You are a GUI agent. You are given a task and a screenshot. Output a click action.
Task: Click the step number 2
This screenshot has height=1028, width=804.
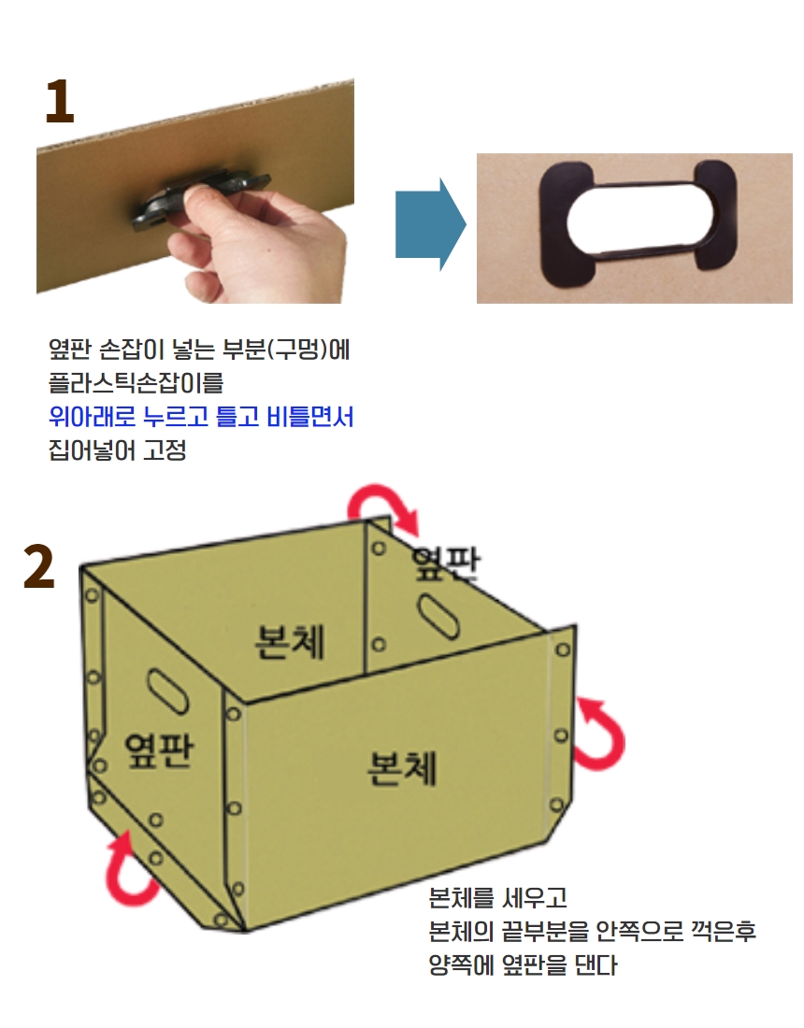pos(38,566)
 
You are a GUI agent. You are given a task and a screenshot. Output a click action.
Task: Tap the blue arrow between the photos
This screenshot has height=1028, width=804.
pos(430,224)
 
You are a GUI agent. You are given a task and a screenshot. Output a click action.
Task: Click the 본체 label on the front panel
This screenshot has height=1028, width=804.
pos(401,767)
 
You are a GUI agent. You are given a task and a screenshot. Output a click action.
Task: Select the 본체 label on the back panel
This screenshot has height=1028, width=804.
pos(289,640)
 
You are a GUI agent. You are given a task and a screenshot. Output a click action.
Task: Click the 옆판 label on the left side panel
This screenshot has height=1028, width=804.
pos(159,750)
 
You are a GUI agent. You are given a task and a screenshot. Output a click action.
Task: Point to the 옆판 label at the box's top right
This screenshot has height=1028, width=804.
pos(446,563)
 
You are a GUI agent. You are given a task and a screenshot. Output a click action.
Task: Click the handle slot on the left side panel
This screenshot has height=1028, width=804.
pos(167,692)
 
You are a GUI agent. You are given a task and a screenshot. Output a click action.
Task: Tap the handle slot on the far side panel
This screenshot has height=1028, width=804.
pos(438,616)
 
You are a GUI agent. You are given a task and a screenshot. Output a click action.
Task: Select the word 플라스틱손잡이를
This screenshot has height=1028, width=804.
pos(136,383)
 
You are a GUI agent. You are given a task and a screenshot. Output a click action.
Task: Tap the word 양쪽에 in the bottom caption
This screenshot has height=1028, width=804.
pos(461,965)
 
